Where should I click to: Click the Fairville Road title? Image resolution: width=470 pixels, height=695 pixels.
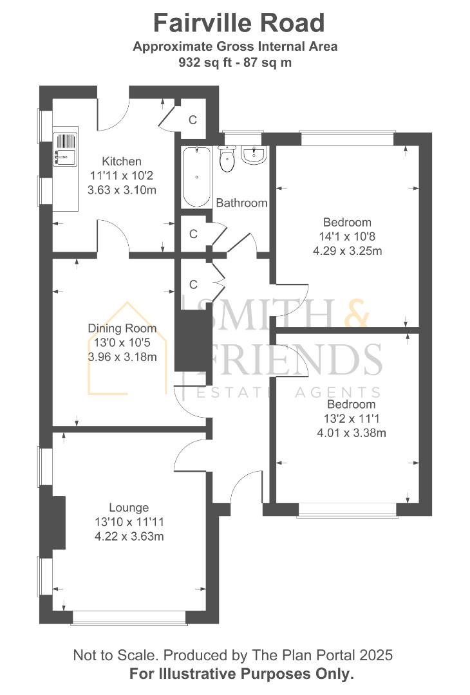tap(239, 23)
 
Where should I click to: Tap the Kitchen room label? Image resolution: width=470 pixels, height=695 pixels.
tap(122, 161)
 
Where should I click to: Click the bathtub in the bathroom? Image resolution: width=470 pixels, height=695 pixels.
tap(196, 176)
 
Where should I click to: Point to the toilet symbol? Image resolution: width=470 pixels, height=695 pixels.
tap(227, 160)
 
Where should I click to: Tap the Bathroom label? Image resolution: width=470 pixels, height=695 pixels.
tap(241, 203)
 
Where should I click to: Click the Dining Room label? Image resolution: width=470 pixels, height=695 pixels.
tap(122, 328)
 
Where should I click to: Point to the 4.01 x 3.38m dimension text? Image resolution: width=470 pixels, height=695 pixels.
tap(352, 432)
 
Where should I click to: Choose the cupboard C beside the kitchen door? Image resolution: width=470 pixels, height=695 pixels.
tap(193, 120)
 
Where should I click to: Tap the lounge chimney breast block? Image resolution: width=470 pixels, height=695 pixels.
tap(57, 523)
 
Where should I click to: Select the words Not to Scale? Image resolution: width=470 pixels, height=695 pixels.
tap(115, 655)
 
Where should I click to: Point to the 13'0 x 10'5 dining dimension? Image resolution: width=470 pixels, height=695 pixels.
tap(122, 342)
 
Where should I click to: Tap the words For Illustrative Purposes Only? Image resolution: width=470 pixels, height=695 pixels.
tap(241, 674)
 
